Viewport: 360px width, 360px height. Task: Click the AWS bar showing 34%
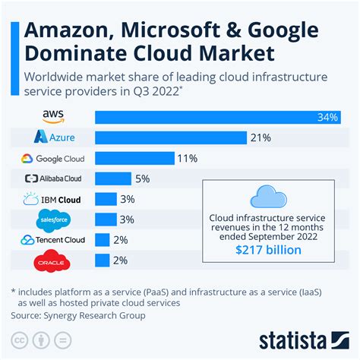point(217,117)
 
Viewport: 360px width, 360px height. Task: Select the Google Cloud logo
point(53,158)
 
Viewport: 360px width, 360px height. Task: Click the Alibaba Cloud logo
point(53,178)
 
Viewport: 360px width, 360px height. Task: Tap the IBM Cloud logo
point(53,200)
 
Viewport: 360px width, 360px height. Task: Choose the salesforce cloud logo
point(54,220)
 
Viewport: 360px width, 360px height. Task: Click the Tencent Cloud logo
point(53,240)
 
